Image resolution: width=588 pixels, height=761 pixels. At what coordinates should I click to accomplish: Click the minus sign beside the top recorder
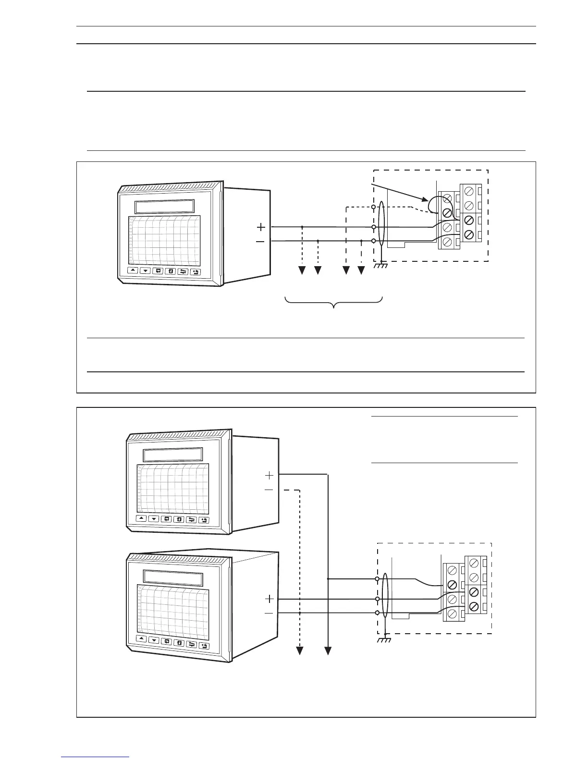click(x=260, y=241)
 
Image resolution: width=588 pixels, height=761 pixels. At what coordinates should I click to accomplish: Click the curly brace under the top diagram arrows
click(x=334, y=303)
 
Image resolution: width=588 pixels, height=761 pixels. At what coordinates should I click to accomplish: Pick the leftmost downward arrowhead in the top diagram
click(x=302, y=271)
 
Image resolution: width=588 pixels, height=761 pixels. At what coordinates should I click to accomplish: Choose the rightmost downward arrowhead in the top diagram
click(x=361, y=271)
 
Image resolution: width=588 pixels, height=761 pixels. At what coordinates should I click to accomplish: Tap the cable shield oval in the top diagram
click(x=381, y=225)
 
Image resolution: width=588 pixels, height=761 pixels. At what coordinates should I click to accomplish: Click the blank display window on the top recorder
click(x=164, y=207)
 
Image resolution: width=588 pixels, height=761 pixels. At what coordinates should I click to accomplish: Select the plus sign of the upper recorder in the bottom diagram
click(x=269, y=475)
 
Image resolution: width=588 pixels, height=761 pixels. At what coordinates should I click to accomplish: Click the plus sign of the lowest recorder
click(x=269, y=599)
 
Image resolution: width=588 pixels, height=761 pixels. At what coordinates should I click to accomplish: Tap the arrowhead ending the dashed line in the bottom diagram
click(x=300, y=651)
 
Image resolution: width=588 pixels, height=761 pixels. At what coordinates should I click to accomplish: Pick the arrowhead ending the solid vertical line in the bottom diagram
click(x=328, y=651)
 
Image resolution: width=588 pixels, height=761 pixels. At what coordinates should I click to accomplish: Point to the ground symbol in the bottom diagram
click(x=385, y=639)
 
